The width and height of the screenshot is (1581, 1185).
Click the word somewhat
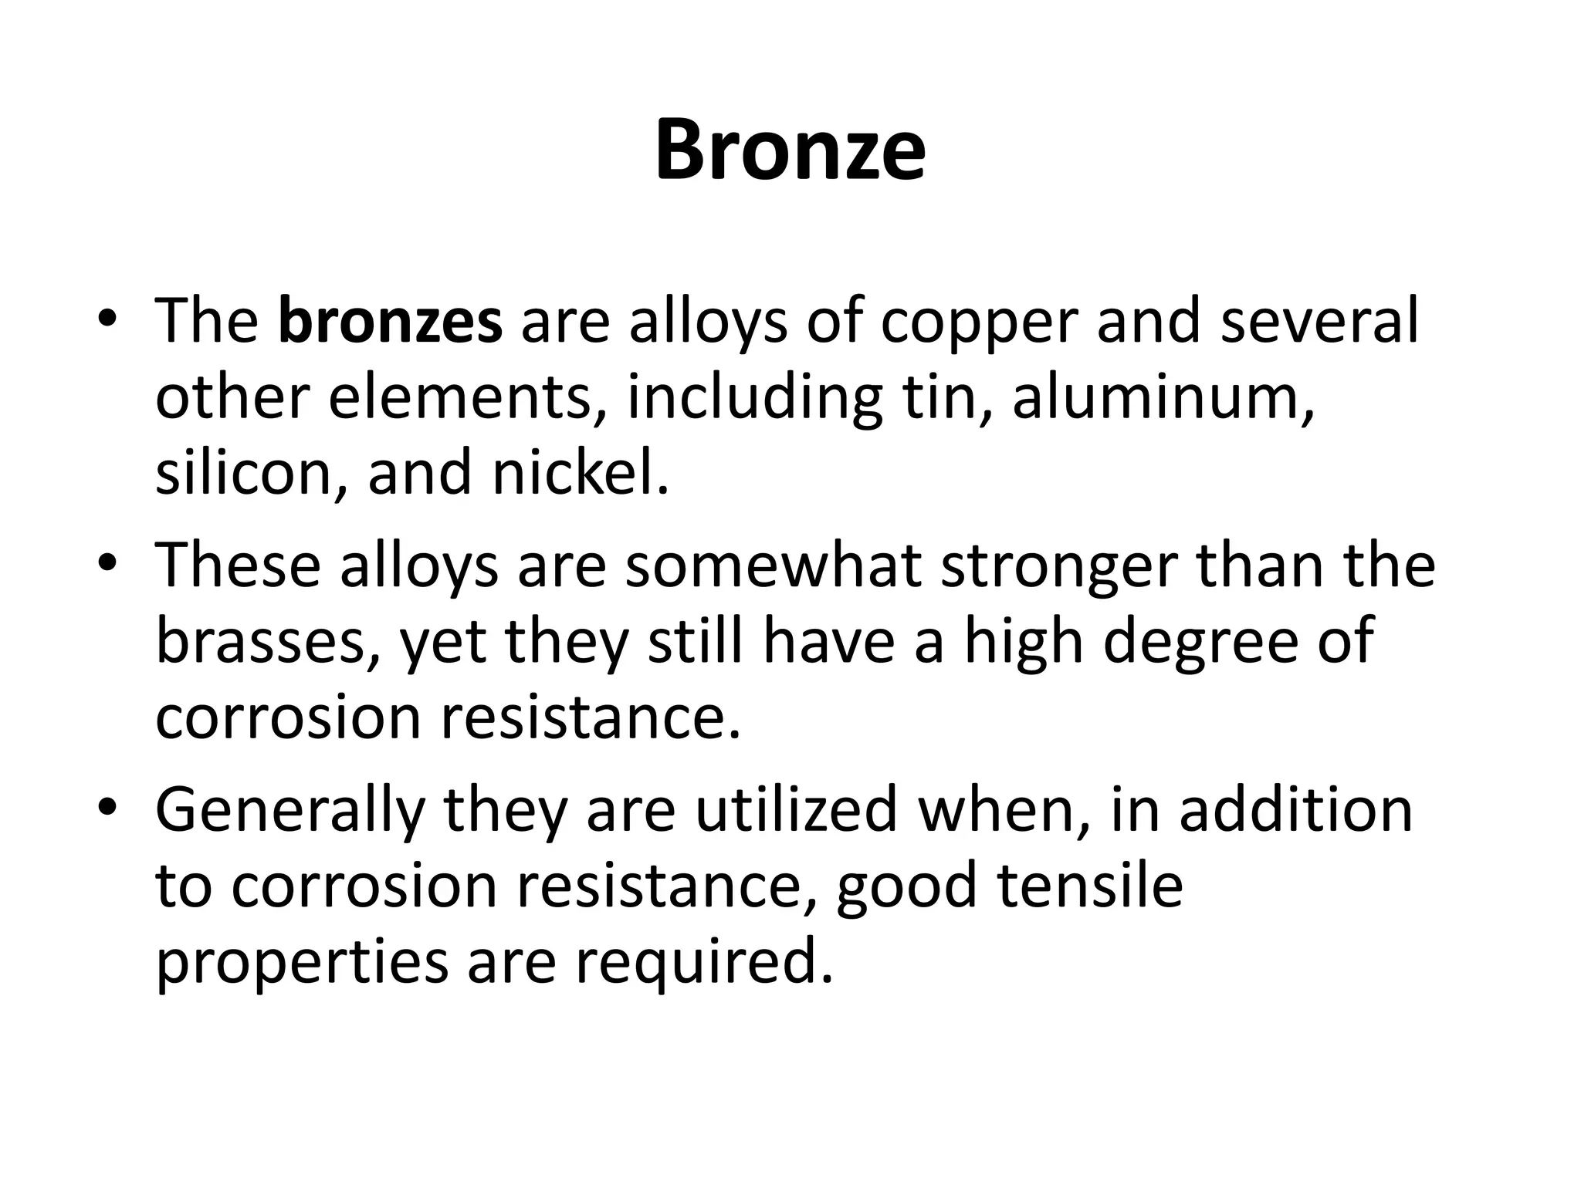[773, 565]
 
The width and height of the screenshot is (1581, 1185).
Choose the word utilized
[796, 810]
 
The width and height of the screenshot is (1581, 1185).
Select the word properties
[302, 964]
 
